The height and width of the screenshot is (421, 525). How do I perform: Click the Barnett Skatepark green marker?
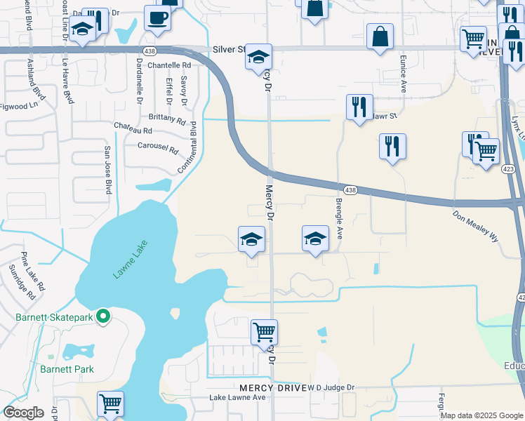pyautogui.click(x=103, y=317)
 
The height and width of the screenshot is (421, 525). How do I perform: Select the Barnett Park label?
pyautogui.click(x=67, y=368)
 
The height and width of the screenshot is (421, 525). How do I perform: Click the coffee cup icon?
pyautogui.click(x=157, y=18)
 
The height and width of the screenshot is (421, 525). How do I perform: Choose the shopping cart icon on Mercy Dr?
pyautogui.click(x=265, y=331)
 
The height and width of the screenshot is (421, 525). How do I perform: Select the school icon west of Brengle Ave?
pyautogui.click(x=316, y=239)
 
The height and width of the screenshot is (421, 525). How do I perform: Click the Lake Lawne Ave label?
pyautogui.click(x=238, y=398)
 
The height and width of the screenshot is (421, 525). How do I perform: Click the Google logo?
pyautogui.click(x=23, y=413)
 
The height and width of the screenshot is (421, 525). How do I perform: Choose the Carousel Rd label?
pyautogui.click(x=159, y=147)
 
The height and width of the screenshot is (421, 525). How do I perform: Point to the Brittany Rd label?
pyautogui.click(x=166, y=119)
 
